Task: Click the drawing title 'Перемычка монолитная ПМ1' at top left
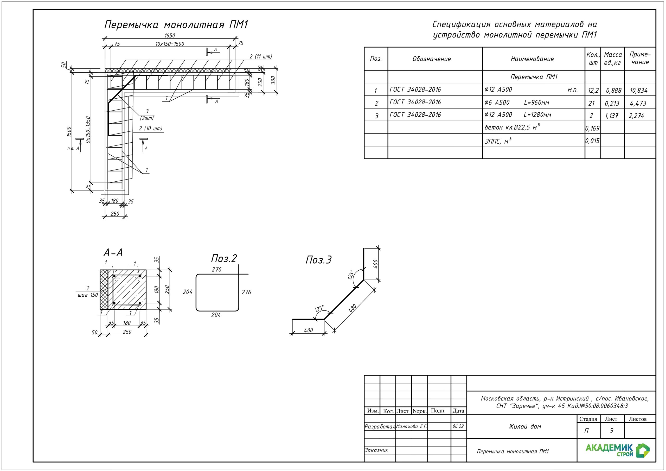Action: pyautogui.click(x=176, y=25)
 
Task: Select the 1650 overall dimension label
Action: pyautogui.click(x=170, y=36)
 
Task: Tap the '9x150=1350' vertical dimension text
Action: pyautogui.click(x=88, y=129)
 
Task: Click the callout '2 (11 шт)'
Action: pyautogui.click(x=261, y=56)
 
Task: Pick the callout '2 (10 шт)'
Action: pyautogui.click(x=151, y=129)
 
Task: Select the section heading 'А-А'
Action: pyautogui.click(x=113, y=253)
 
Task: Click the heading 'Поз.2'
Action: pyautogui.click(x=224, y=258)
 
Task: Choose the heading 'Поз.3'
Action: pyautogui.click(x=318, y=260)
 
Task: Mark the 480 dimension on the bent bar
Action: pyautogui.click(x=353, y=308)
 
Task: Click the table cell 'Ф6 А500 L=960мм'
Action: pyautogui.click(x=517, y=103)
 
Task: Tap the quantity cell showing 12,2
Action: pyautogui.click(x=593, y=91)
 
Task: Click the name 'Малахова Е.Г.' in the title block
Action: pyautogui.click(x=412, y=427)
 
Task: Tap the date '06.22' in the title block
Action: pyautogui.click(x=458, y=427)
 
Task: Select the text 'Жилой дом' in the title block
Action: pyautogui.click(x=525, y=427)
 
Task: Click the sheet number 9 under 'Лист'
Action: pyautogui.click(x=611, y=431)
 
